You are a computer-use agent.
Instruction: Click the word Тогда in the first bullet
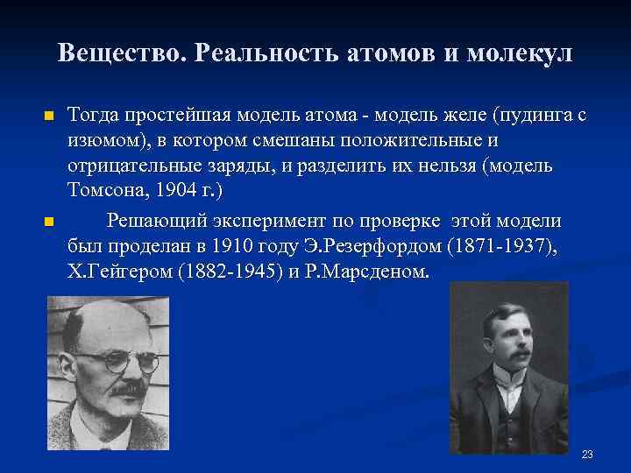pyautogui.click(x=92, y=114)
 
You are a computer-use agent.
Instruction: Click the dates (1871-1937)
pyautogui.click(x=500, y=245)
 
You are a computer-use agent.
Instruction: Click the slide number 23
pyautogui.click(x=587, y=454)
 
